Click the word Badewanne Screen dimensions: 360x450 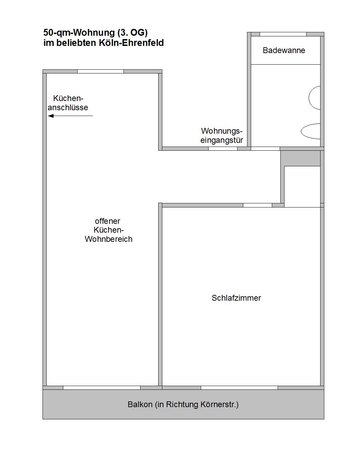click(x=284, y=50)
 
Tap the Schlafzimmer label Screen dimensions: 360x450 click(x=236, y=298)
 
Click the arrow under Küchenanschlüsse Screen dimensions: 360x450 click(x=70, y=116)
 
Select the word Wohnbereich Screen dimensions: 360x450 click(x=109, y=239)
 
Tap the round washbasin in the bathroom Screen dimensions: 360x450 click(x=315, y=98)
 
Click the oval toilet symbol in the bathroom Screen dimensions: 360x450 click(x=311, y=131)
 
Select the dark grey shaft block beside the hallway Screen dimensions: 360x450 click(x=300, y=158)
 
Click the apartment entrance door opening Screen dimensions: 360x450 click(x=223, y=149)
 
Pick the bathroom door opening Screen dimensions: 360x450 click(x=265, y=149)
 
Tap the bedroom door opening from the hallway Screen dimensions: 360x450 click(x=258, y=205)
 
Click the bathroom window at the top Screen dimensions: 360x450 click(x=283, y=34)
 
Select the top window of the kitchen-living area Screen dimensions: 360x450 click(x=100, y=71)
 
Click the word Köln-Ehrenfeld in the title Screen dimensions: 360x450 click(x=131, y=43)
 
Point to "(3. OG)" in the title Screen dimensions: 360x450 click(x=132, y=33)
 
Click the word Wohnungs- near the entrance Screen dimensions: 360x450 click(x=222, y=131)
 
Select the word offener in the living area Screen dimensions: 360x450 click(x=108, y=221)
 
